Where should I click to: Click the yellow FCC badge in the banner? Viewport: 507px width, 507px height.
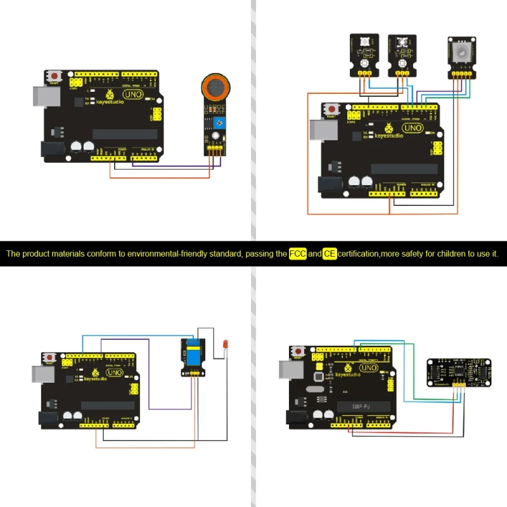(x=298, y=253)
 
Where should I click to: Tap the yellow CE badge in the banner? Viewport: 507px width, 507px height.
(x=330, y=253)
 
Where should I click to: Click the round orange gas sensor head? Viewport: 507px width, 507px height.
(x=215, y=87)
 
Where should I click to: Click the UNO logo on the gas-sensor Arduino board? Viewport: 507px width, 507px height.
(x=132, y=94)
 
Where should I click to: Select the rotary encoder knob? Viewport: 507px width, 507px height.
(x=463, y=49)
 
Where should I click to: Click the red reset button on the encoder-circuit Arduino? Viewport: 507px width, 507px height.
(x=333, y=110)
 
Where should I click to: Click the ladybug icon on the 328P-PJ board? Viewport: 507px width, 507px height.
(x=346, y=368)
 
